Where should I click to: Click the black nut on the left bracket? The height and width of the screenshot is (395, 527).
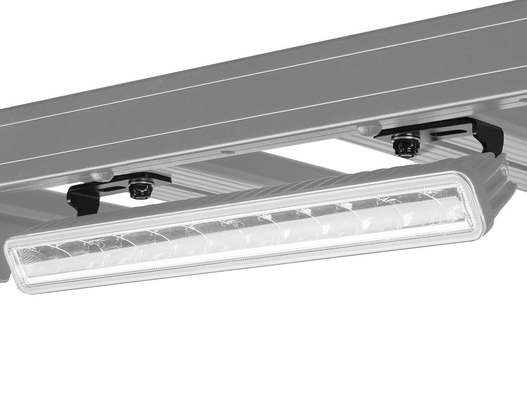point(140,190)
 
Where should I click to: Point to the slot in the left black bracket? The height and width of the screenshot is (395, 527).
point(110,188)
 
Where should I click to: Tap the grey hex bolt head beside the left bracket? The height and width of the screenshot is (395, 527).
point(101,176)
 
